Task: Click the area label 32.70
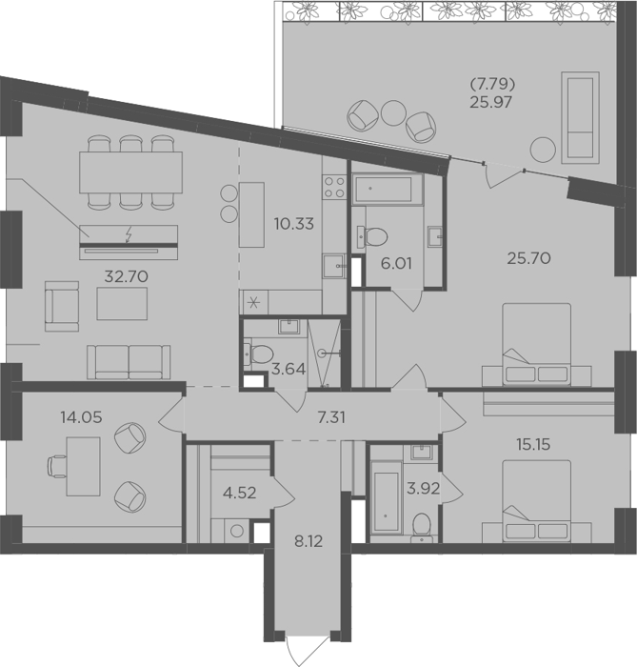pos(127,276)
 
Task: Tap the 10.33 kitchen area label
pos(294,223)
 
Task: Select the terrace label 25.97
pos(490,102)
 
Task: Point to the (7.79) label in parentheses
pos(492,85)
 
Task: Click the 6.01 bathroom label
pos(396,264)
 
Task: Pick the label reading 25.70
pos(529,258)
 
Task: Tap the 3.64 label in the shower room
pos(289,369)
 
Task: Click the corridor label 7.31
pos(332,417)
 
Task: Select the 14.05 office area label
pos(81,417)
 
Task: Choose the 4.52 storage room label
pos(240,493)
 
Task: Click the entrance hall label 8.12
pos(309,541)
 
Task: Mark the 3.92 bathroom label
pos(424,488)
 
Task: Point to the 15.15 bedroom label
pos(533,445)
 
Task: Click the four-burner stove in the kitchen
pos(334,187)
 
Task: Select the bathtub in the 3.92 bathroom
pos(387,496)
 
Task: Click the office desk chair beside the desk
pos(57,466)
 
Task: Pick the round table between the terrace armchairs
pos(394,112)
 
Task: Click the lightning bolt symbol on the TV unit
pos(129,234)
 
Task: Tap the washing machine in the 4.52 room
pos(237,531)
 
